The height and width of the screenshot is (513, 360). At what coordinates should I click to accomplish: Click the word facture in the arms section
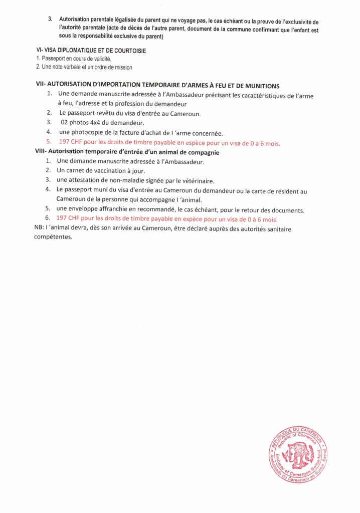(127, 133)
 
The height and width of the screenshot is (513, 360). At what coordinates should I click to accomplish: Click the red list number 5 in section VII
(49, 143)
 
